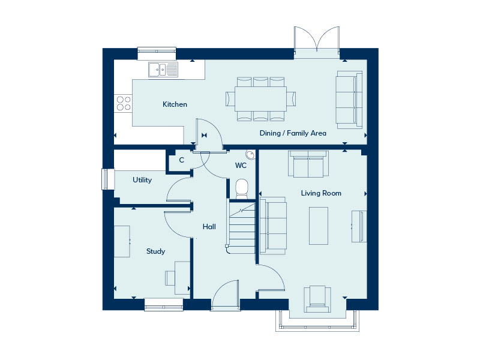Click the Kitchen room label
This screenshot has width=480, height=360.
(x=175, y=104)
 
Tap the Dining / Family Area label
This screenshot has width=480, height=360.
(x=293, y=133)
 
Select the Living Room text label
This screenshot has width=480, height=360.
(x=321, y=193)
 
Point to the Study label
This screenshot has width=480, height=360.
(x=155, y=251)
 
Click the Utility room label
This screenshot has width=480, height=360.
(x=142, y=179)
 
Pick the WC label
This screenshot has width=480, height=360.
(x=241, y=166)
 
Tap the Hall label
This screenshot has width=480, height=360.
(x=209, y=227)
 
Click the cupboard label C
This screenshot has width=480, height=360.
(x=182, y=160)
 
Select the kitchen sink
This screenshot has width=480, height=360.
(x=163, y=70)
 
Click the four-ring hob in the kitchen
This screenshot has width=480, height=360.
(x=124, y=103)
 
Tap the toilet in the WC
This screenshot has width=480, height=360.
(x=242, y=188)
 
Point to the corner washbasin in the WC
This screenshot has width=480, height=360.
(x=251, y=155)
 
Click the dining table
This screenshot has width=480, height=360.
(x=260, y=99)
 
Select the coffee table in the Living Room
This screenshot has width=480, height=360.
(x=319, y=226)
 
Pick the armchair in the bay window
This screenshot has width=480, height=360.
(x=317, y=299)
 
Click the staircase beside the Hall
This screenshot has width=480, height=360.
(x=242, y=227)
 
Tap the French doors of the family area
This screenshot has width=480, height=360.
(x=317, y=42)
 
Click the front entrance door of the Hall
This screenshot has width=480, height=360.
(x=225, y=295)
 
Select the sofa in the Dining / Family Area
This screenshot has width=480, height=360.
(x=349, y=100)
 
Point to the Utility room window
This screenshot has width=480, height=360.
(x=106, y=179)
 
